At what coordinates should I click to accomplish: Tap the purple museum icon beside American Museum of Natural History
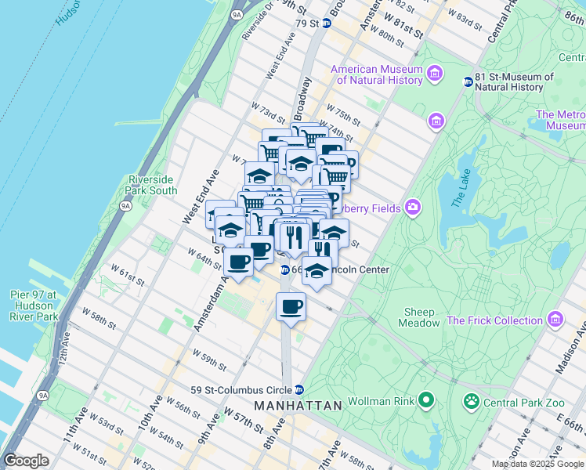435,74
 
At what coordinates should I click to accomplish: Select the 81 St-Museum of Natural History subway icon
468,81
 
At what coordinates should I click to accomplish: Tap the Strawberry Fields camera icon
412,208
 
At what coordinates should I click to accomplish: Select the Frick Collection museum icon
555,320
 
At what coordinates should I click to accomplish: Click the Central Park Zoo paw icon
472,403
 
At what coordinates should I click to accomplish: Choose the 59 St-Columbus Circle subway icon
298,389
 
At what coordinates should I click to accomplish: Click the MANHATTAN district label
298,406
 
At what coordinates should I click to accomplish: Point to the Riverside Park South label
151,185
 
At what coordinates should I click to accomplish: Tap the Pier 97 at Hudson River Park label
29,305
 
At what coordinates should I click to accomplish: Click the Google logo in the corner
26,461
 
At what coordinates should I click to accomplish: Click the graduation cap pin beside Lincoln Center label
316,272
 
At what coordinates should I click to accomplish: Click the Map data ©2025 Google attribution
537,464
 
